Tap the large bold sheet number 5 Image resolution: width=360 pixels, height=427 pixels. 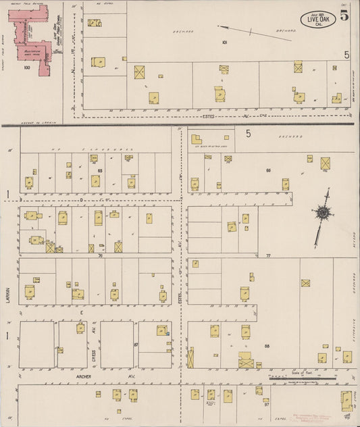[x=344, y=16]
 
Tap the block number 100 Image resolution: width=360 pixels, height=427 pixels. [x=27, y=68]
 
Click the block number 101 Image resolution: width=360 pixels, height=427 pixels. [x=224, y=42]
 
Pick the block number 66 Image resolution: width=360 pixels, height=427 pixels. [x=269, y=170]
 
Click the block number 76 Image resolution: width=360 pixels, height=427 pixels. [x=100, y=256]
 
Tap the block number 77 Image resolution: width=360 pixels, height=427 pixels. [x=268, y=256]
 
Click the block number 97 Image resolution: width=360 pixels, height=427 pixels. [x=266, y=404]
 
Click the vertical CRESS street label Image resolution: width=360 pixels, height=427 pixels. [x=95, y=345]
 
